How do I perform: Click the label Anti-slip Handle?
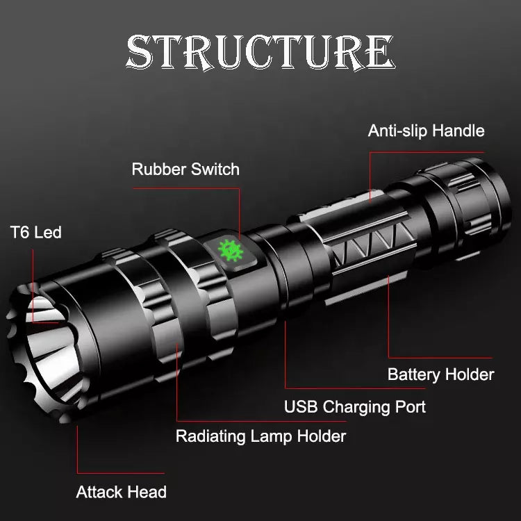[x=426, y=131]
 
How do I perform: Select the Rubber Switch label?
[x=185, y=169]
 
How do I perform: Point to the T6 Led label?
[x=35, y=232]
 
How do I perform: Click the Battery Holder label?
[x=440, y=374]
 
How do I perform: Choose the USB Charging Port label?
[x=355, y=406]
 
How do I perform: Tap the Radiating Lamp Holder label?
[x=260, y=436]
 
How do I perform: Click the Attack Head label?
[x=121, y=493]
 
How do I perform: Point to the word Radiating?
[x=210, y=437]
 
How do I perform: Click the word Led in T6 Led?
[x=48, y=232]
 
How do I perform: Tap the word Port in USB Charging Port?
[x=411, y=406]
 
